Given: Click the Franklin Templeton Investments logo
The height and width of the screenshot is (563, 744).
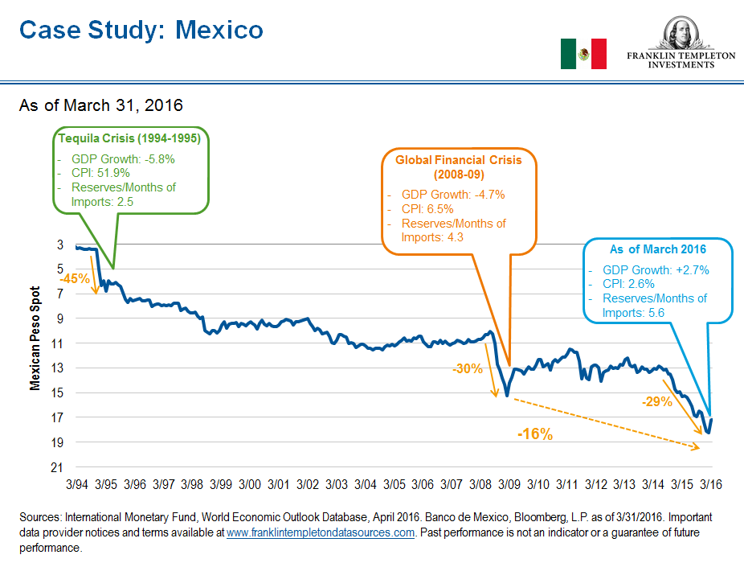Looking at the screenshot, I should tap(681, 44).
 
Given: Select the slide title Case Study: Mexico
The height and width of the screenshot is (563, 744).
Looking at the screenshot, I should tap(141, 30).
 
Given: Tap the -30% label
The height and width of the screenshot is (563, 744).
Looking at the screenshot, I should tap(467, 369).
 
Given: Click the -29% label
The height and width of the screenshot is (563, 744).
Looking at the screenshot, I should tap(656, 401).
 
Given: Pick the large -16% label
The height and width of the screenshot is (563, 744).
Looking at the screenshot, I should tap(534, 434).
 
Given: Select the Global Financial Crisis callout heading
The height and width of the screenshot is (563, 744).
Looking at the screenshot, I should tap(458, 166).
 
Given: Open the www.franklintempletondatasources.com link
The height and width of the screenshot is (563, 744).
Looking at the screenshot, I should tap(321, 532).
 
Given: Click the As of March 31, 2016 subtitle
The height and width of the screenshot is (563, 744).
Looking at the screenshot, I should tap(101, 105).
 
